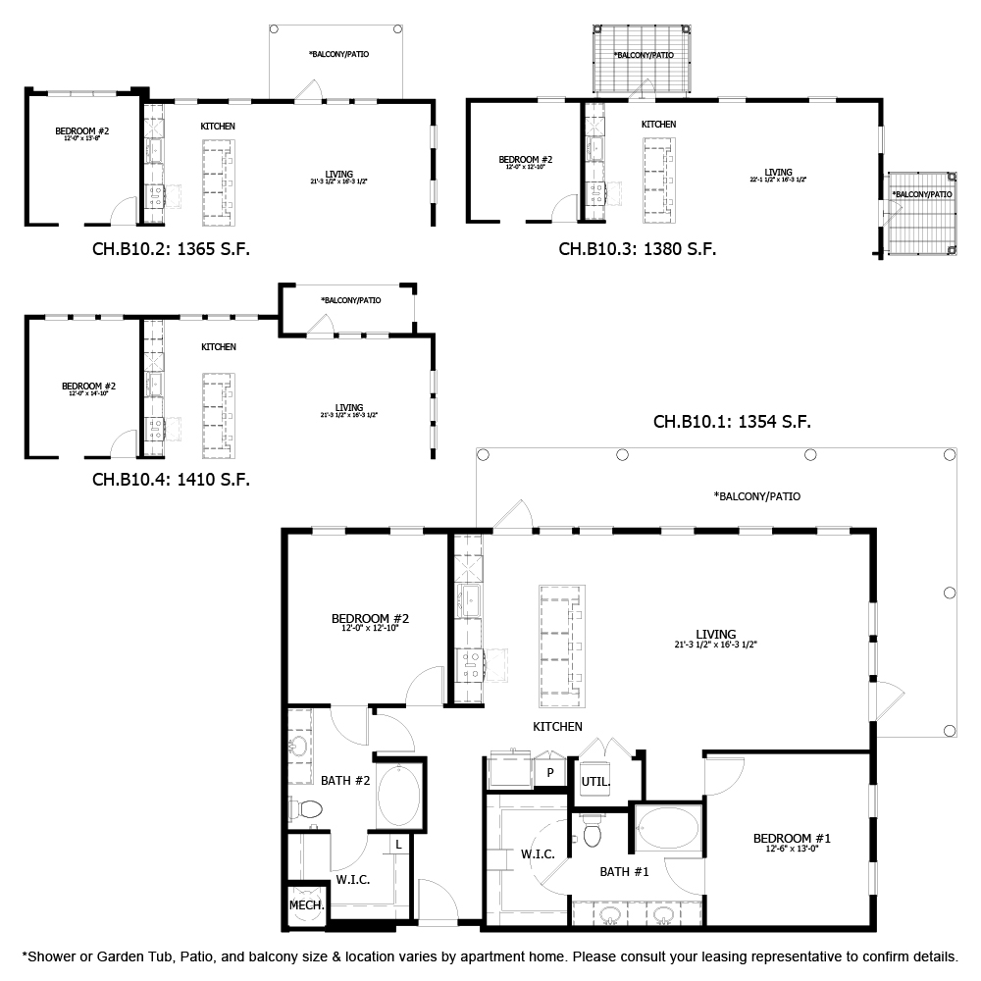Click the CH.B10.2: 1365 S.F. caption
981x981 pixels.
(x=171, y=249)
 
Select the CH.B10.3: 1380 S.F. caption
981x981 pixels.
(x=637, y=249)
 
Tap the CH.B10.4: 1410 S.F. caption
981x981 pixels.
(x=171, y=480)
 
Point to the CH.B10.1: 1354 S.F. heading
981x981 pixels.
(x=732, y=422)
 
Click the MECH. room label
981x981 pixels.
(x=306, y=905)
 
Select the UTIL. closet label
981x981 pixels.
(x=595, y=782)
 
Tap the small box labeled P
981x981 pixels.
(x=550, y=772)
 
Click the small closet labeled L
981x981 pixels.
(x=398, y=844)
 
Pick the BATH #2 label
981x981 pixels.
(x=345, y=781)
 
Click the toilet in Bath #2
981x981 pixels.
(x=307, y=810)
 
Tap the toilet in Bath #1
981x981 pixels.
(x=592, y=832)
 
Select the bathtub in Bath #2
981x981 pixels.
(x=400, y=796)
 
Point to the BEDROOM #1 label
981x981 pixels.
(x=792, y=838)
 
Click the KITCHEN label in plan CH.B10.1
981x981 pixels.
(x=557, y=727)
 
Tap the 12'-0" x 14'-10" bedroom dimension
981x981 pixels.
(x=89, y=392)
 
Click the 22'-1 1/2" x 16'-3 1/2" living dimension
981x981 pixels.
(x=778, y=180)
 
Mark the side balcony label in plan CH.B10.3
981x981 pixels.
(x=922, y=194)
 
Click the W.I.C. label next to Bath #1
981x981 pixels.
(x=538, y=854)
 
